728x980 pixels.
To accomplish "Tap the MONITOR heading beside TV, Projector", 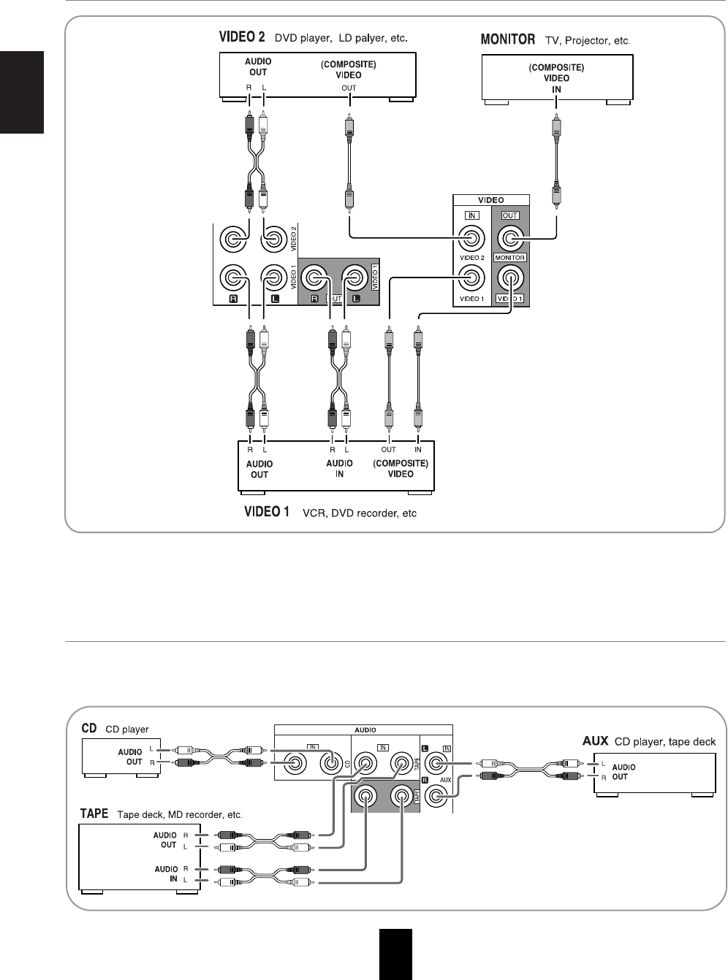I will tap(508, 39).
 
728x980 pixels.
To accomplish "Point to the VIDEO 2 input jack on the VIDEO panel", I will tap(470, 238).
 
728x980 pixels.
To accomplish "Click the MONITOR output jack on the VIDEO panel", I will tap(510, 238).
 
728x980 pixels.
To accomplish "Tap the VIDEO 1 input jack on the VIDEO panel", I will tap(470, 277).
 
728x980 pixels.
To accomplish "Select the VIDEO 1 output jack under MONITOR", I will tap(510, 277).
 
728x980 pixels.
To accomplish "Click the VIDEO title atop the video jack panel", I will tap(490, 200).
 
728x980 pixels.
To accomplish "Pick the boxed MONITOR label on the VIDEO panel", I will tap(510, 258).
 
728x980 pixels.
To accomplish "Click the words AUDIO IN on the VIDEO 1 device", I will tap(339, 468).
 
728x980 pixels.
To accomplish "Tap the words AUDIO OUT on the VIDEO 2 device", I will tap(258, 67).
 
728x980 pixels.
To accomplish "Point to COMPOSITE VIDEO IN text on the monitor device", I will tap(556, 78).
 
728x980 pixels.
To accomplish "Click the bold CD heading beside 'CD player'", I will tap(89, 728).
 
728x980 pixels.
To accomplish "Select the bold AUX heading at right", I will tap(595, 740).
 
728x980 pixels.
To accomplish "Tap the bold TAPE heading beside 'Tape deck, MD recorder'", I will tap(94, 814).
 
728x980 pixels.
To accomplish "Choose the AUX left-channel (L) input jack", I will tap(436, 764).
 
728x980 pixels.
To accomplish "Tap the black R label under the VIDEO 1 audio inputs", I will tap(233, 299).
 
